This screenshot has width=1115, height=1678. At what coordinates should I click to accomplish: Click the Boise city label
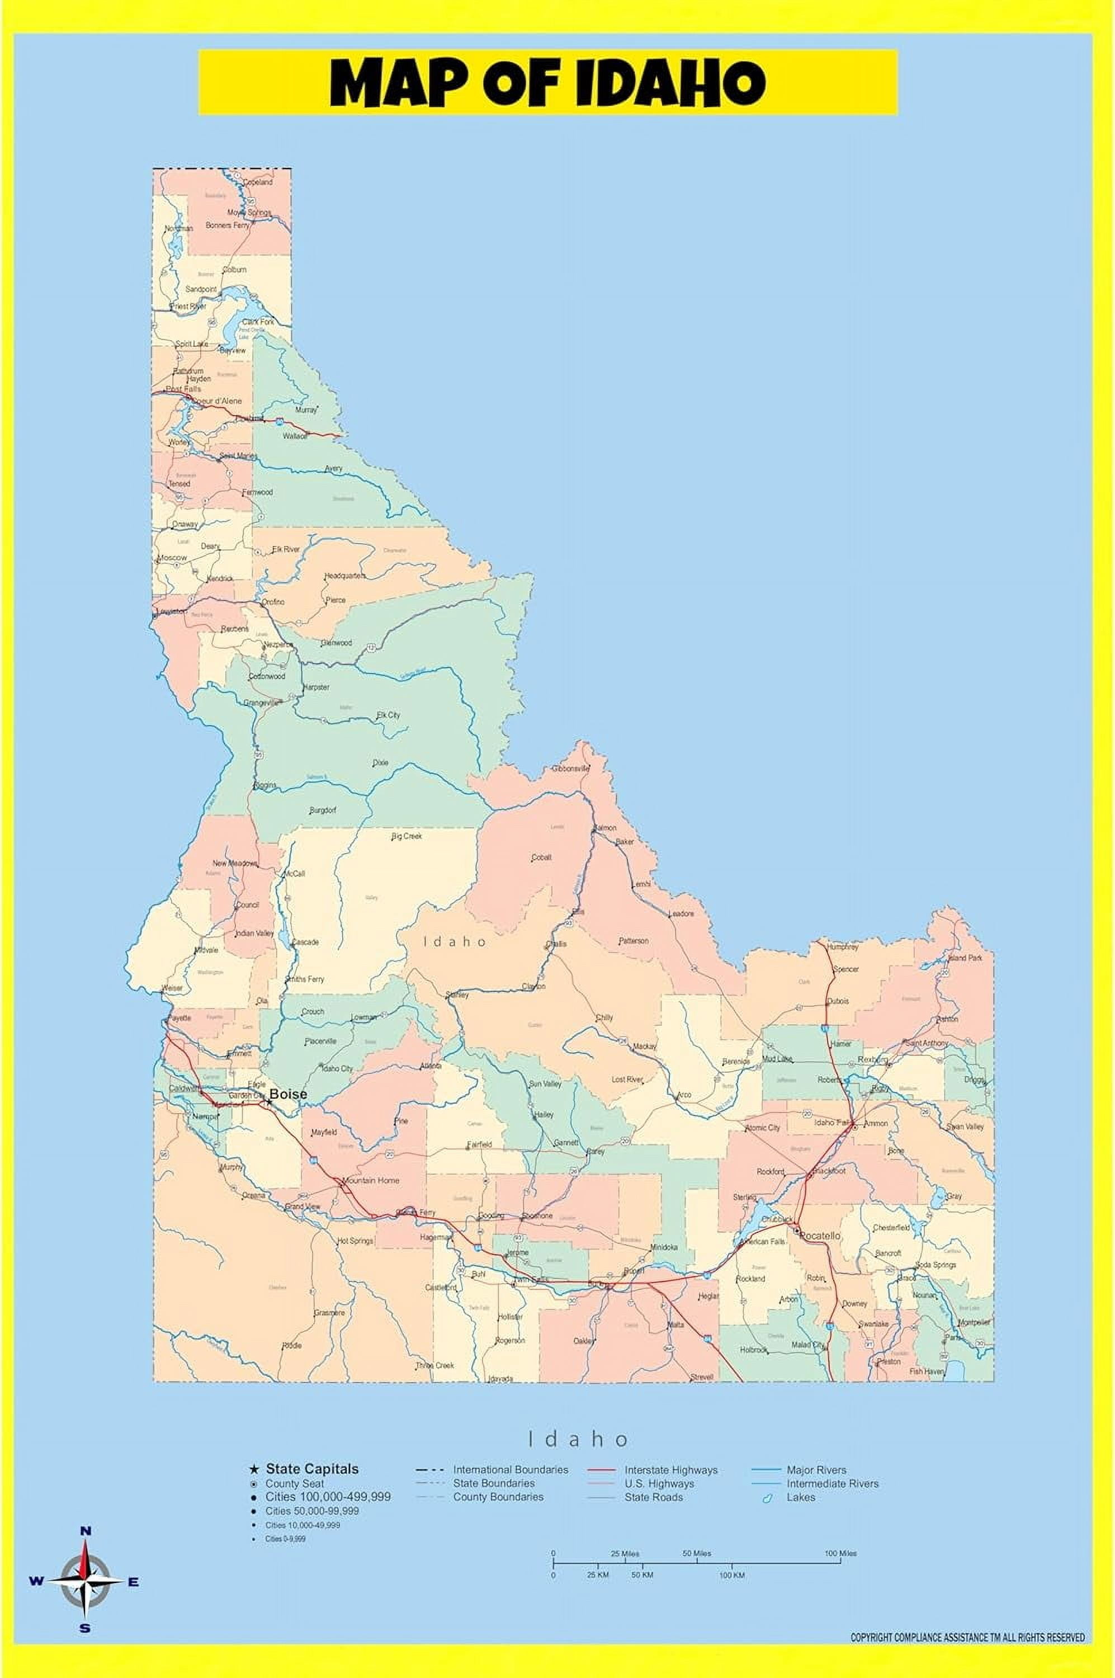[288, 1094]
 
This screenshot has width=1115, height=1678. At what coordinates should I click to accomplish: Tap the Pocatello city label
[820, 1236]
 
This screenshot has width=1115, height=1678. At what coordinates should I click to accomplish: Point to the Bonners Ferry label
[228, 225]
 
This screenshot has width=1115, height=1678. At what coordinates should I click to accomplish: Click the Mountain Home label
[371, 1180]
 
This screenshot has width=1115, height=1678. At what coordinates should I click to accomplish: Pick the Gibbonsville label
[571, 769]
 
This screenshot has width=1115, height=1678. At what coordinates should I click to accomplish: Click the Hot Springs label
[355, 1241]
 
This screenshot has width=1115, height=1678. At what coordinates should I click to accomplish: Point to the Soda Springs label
[936, 1265]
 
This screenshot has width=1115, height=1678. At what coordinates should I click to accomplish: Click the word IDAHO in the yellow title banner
[670, 83]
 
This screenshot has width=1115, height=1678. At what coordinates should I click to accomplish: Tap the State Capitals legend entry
[312, 1469]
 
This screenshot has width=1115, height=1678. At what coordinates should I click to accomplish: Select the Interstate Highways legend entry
[670, 1469]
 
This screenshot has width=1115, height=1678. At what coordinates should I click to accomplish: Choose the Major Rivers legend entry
[816, 1469]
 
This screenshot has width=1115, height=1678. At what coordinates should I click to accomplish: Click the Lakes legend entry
[801, 1497]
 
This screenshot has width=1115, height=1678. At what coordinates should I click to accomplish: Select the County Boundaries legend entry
[498, 1497]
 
